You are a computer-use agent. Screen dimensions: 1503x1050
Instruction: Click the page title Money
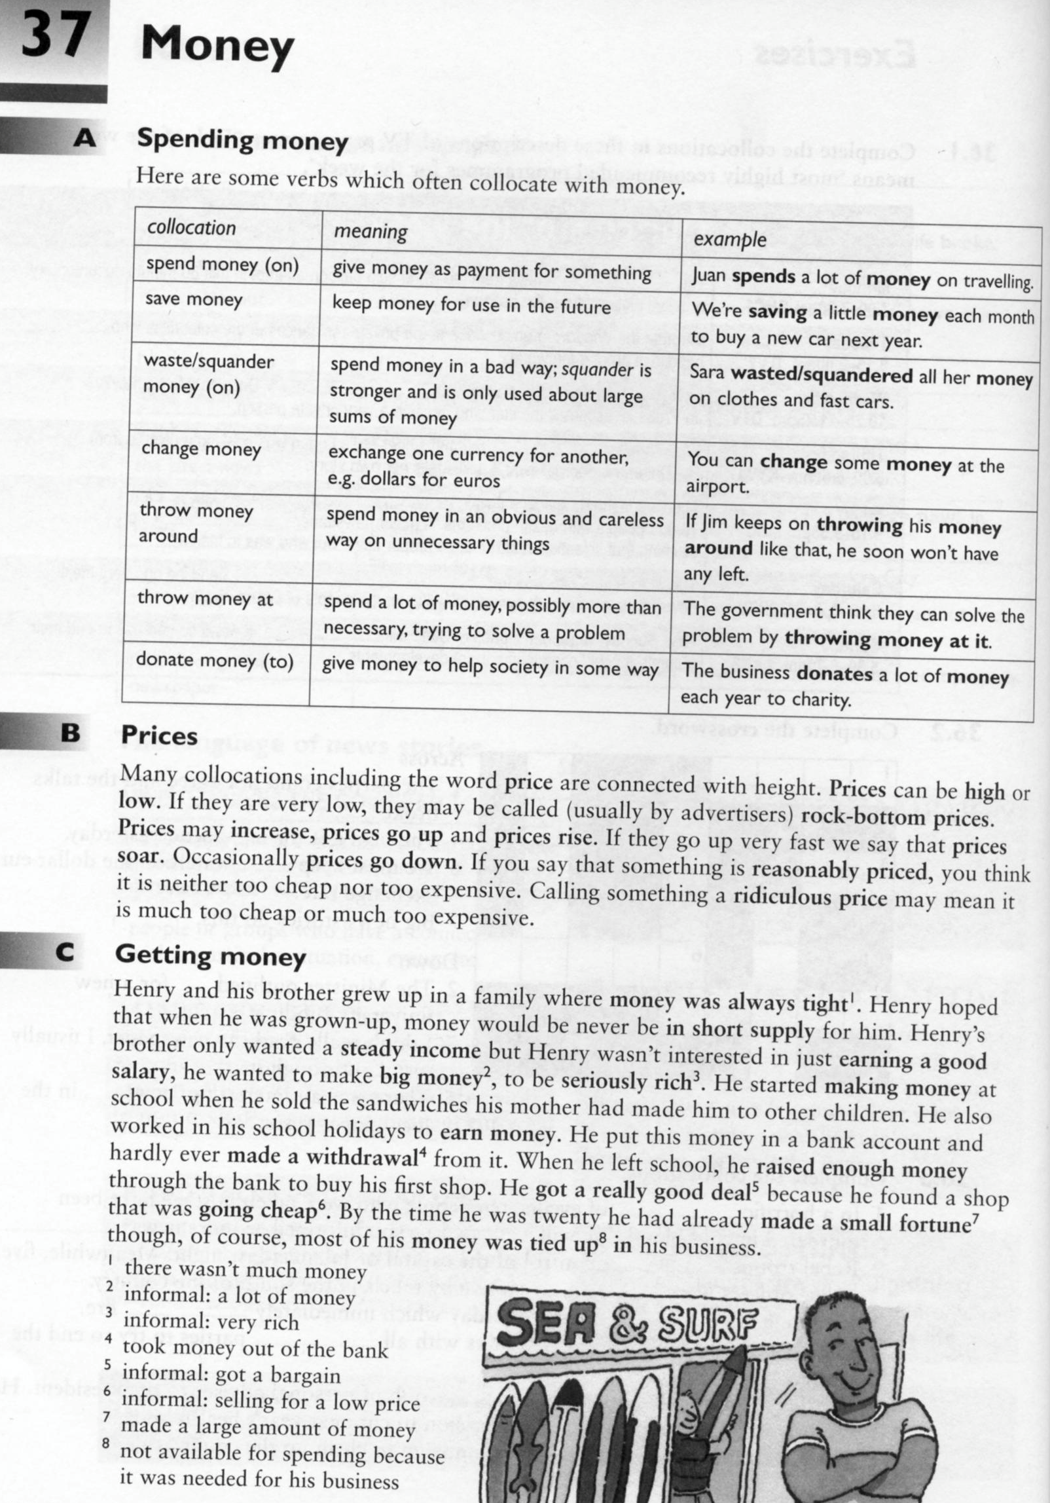pos(217,47)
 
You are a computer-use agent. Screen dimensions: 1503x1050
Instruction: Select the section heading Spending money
pos(242,141)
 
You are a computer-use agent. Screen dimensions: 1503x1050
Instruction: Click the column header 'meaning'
pos(371,231)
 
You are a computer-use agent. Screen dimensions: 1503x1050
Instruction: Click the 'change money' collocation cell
pos(201,449)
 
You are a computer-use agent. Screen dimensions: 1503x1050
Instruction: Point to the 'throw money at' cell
pos(205,599)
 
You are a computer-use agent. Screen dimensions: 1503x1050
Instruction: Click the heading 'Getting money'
pos(210,956)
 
